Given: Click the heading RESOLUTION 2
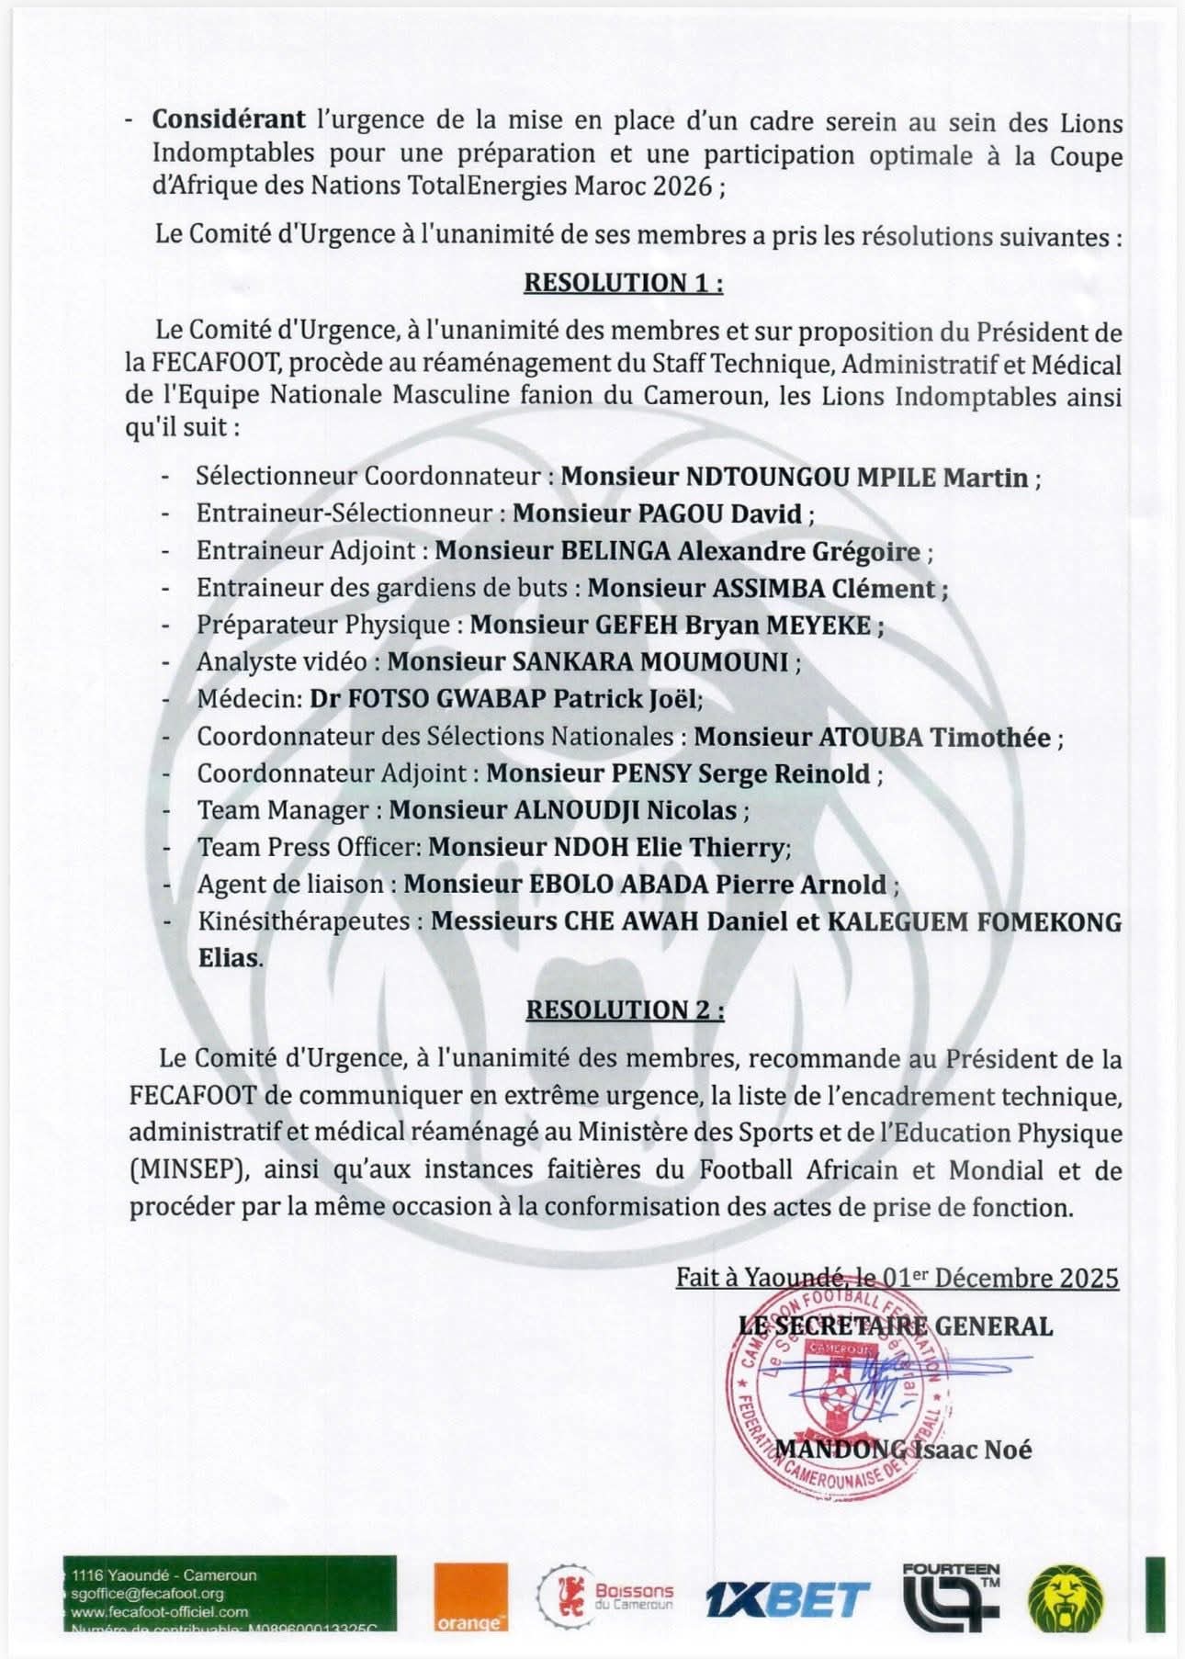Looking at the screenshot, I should click(625, 1010).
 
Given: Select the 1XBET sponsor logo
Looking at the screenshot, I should click(787, 1599).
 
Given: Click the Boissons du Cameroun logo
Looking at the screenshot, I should click(606, 1597).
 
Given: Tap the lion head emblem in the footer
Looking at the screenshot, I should click(1066, 1598).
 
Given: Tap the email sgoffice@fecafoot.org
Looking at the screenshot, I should click(147, 1594).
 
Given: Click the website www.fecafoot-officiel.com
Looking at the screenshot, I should click(160, 1611).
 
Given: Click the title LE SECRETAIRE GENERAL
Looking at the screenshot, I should click(896, 1326).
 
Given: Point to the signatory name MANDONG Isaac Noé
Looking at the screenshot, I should click(904, 1450).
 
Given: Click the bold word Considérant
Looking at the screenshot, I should click(229, 119).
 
